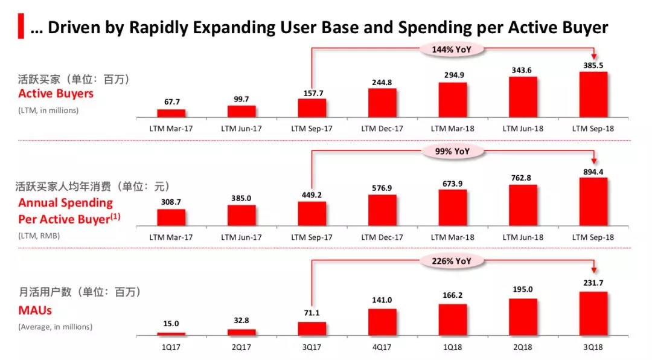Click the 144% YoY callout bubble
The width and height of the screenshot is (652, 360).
(x=452, y=49)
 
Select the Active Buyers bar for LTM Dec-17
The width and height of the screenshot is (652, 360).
(x=382, y=103)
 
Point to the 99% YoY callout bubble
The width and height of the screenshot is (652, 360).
(x=452, y=151)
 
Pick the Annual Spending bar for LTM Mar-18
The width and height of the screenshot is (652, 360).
(x=452, y=207)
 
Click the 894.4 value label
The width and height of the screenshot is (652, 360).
(x=593, y=172)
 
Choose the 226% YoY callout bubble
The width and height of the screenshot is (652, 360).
(x=452, y=261)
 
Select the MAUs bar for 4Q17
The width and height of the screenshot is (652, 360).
(x=382, y=322)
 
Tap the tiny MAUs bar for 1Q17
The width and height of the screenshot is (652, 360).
(x=171, y=334)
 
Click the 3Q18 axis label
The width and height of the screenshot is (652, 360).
(x=593, y=346)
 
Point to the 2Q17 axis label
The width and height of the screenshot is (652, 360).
(x=241, y=346)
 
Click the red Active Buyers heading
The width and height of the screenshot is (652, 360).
(x=56, y=94)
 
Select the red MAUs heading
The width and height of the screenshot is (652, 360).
(x=35, y=310)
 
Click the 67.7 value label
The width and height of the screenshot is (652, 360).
(x=171, y=103)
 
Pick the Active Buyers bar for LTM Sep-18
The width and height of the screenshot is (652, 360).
(x=593, y=94)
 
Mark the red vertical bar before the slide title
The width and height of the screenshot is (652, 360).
(x=21, y=27)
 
